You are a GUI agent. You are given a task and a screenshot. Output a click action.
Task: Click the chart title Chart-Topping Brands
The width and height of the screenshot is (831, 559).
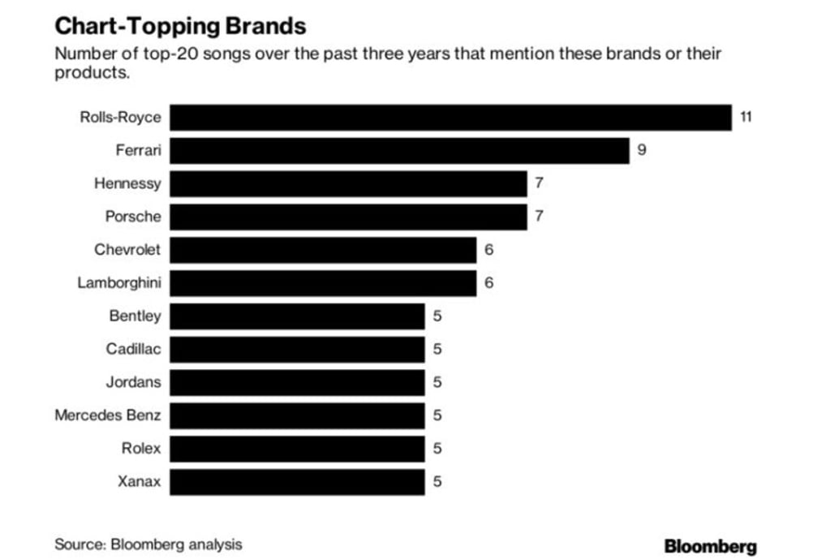point(180,26)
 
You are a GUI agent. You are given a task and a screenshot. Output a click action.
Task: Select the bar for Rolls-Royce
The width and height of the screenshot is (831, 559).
point(450,118)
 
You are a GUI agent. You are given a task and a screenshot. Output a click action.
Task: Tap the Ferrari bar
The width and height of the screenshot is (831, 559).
point(399,151)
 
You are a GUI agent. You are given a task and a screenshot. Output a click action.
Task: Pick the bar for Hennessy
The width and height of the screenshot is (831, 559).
point(348,183)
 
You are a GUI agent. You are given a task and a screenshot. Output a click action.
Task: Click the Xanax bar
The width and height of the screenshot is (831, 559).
point(297,482)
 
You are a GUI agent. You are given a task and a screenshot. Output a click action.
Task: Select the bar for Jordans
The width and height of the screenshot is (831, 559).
point(297,382)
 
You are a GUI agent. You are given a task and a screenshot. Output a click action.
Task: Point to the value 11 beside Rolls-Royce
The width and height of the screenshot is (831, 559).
point(746,118)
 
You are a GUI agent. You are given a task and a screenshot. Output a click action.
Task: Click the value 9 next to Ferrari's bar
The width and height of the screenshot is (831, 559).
point(642,151)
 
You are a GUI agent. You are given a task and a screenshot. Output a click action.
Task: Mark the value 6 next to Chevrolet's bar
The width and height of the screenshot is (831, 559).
point(489,250)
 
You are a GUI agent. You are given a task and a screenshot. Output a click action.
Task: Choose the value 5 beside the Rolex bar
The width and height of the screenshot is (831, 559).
point(437,449)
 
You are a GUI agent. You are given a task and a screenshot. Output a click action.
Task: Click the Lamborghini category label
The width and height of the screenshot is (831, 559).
point(119,283)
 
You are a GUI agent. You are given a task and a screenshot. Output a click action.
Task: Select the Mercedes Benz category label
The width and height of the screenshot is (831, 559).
point(108,415)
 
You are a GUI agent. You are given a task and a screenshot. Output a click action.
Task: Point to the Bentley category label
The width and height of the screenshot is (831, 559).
point(135,316)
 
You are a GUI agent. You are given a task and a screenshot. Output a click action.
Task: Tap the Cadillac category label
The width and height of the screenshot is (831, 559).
point(133,350)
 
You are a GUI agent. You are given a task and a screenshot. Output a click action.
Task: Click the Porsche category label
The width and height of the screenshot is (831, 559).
point(133,217)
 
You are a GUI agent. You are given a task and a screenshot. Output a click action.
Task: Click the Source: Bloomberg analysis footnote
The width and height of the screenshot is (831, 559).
point(148,544)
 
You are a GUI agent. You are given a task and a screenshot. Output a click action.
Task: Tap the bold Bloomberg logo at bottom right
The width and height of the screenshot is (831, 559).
point(710,546)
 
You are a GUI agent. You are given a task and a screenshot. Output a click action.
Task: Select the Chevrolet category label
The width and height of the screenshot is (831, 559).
point(127,250)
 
